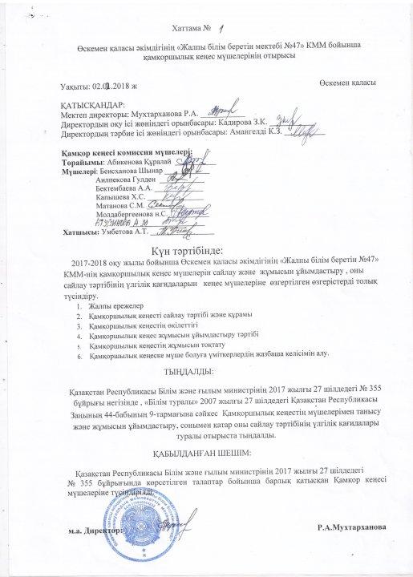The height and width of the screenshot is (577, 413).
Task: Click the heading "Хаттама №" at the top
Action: point(185,28)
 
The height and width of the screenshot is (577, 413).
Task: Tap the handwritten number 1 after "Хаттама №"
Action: point(221,26)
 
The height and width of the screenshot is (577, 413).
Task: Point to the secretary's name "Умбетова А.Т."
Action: point(125,232)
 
